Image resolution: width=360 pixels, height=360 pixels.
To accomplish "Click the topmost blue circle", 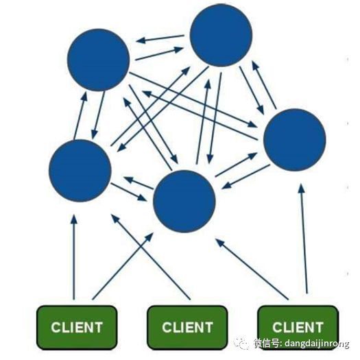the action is (221, 35).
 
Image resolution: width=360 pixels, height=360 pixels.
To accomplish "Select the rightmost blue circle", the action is (295, 140).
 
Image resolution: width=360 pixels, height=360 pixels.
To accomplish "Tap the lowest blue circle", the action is (184, 202).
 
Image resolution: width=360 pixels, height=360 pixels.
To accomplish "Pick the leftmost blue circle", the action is (80, 171).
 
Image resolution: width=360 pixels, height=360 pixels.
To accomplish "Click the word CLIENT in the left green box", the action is (77, 327).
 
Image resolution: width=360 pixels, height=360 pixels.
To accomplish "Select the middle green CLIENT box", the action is (187, 328).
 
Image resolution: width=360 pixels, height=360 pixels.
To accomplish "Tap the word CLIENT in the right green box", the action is (298, 327).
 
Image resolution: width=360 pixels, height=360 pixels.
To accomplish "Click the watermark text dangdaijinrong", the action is (317, 344).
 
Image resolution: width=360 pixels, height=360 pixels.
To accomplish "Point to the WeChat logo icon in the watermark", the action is (241, 344).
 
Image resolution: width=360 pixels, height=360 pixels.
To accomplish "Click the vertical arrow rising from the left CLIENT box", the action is (73, 257).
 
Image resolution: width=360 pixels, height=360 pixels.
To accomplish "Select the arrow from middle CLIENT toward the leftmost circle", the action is (151, 256).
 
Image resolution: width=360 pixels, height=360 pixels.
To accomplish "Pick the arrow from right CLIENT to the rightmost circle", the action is (304, 239).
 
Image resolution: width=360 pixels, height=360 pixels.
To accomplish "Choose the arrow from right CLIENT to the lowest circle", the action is (252, 269).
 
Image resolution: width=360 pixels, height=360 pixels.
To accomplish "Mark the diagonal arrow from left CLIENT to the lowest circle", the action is (123, 266).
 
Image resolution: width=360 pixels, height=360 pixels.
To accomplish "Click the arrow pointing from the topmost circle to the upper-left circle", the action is (160, 39).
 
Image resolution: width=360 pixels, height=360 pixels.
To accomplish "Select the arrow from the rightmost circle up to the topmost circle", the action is (264, 84).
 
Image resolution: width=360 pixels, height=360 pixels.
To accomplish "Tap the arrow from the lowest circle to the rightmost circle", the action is (236, 165).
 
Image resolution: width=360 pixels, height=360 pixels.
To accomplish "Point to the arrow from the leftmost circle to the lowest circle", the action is (129, 192).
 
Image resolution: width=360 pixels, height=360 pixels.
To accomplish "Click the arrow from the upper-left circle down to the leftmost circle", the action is (98, 115).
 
